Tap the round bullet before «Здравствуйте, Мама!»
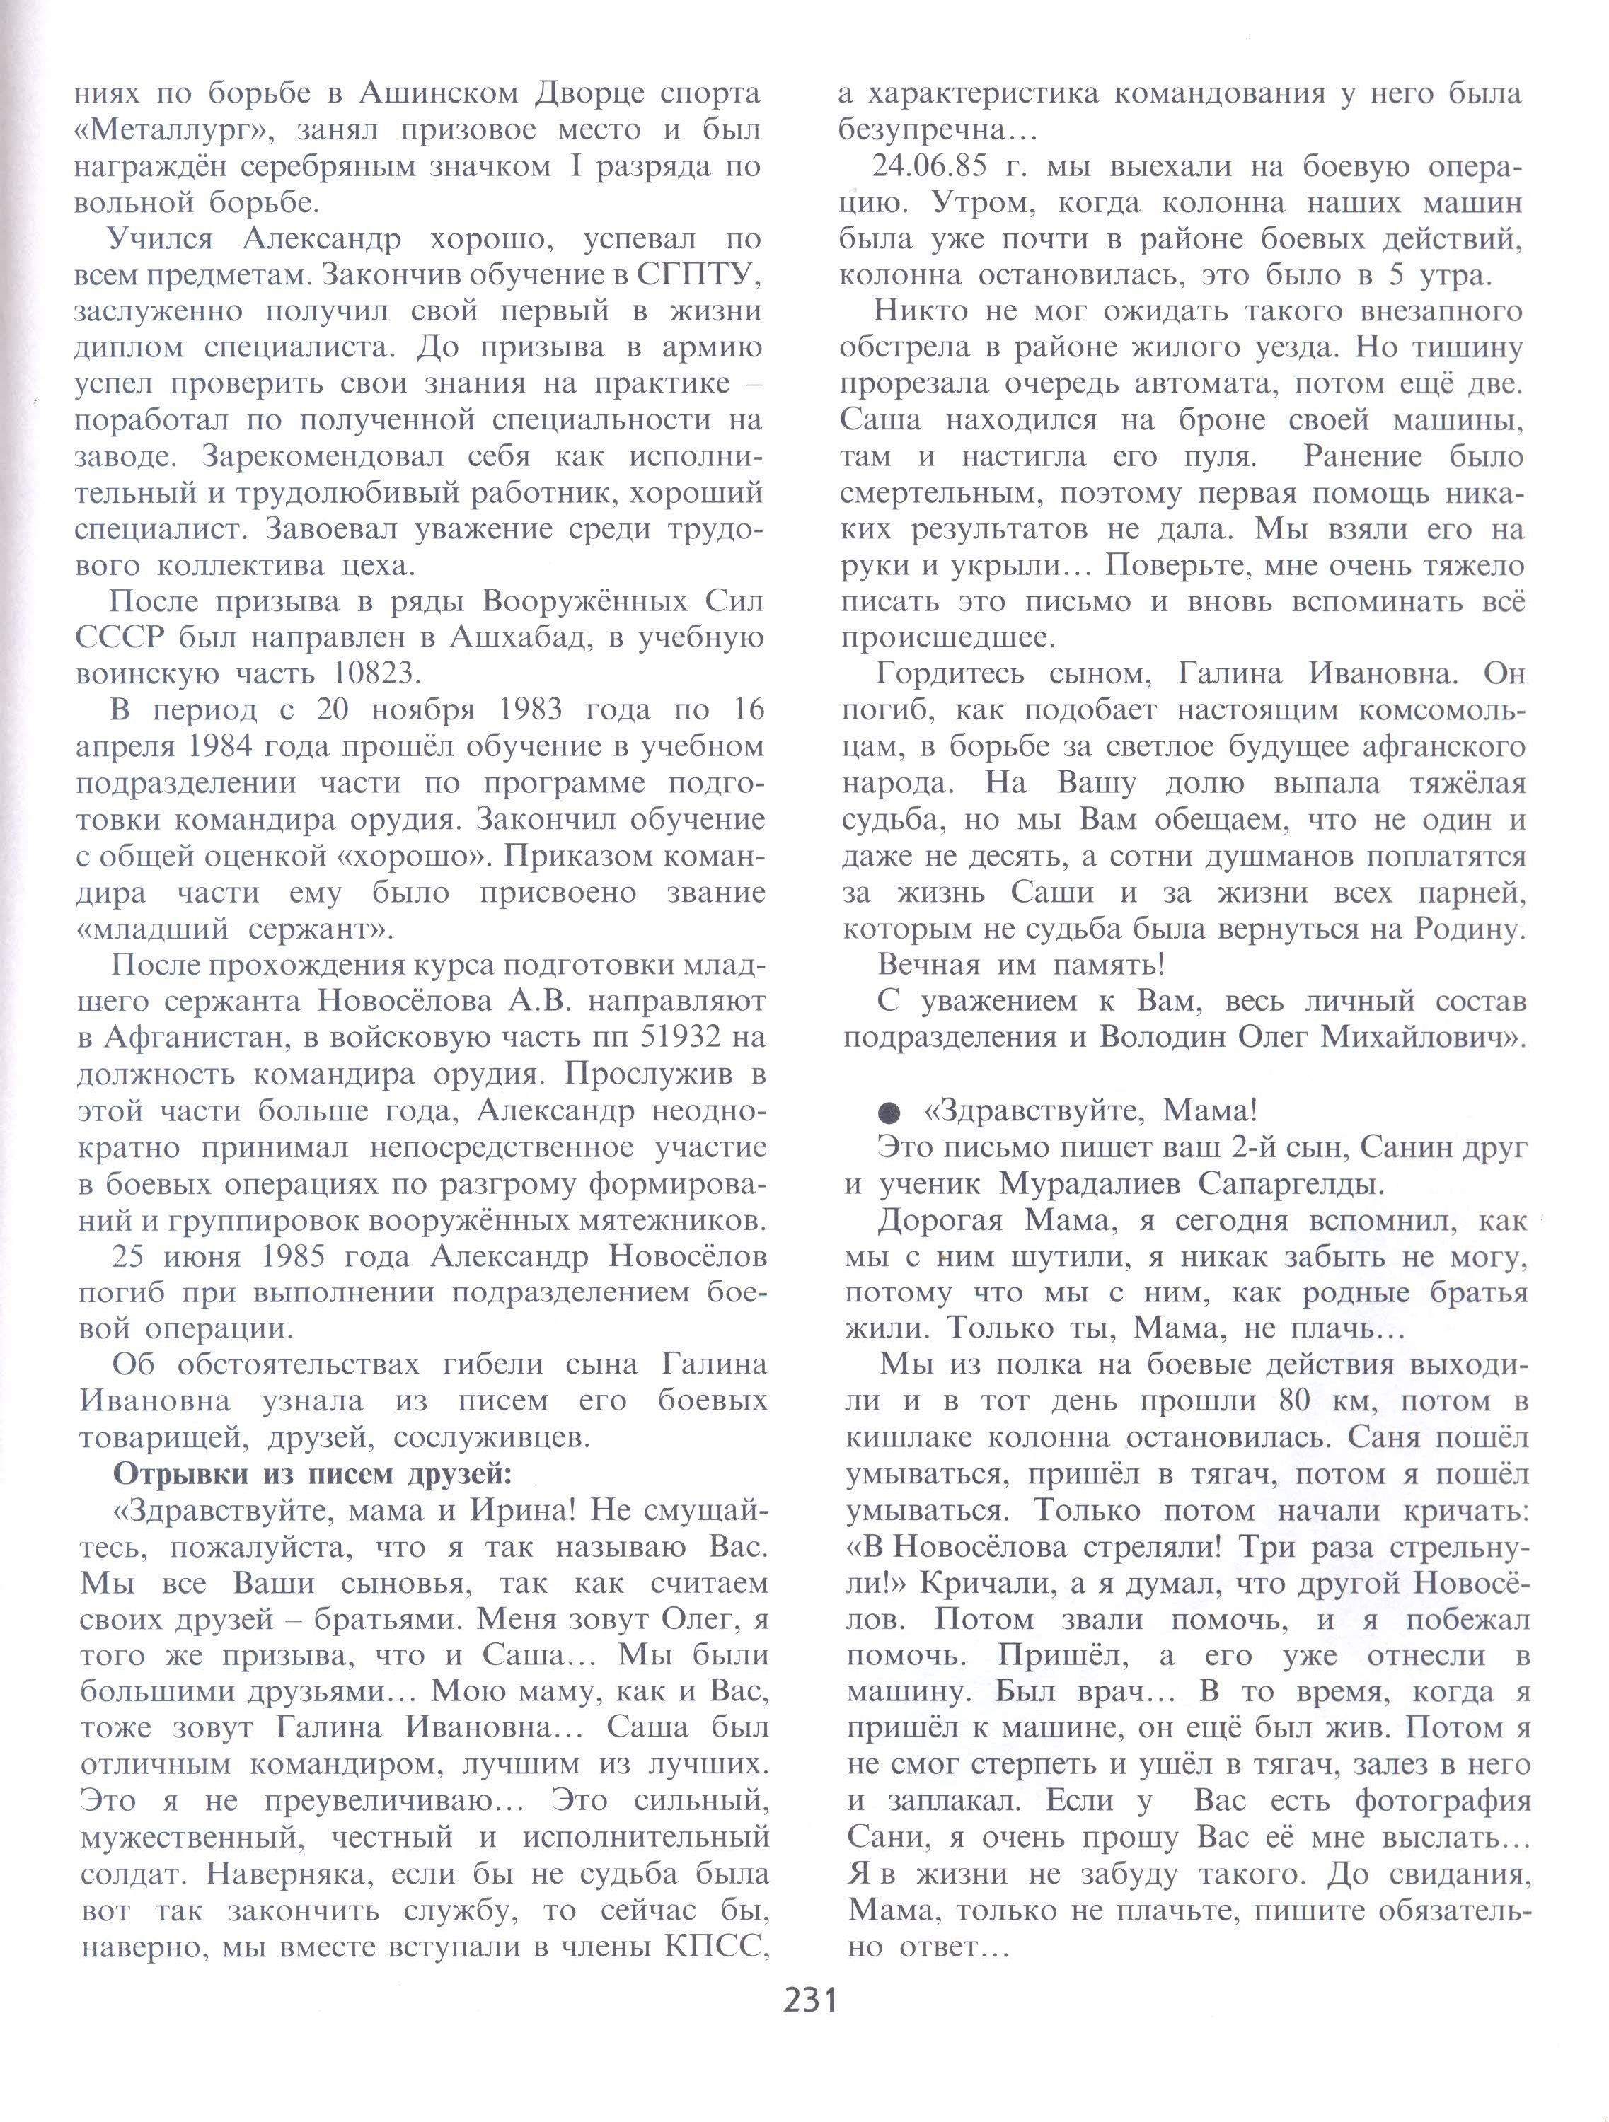pos(889,1113)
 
